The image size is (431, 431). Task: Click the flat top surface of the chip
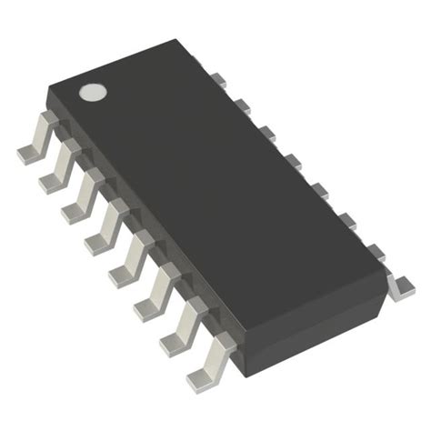(218, 182)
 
